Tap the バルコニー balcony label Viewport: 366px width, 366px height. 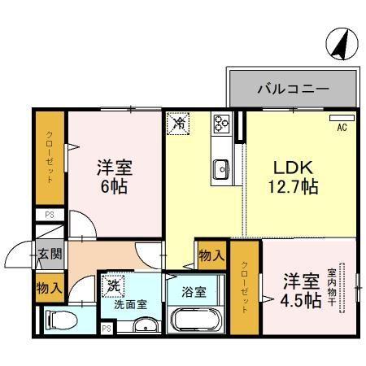[293, 88]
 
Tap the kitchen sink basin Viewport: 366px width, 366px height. [221, 169]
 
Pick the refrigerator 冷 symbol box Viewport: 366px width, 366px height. [178, 124]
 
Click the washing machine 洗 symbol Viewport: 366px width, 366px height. [113, 286]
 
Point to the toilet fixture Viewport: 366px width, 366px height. [60, 320]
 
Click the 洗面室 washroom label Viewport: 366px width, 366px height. [130, 305]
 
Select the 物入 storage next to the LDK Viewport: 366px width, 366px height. [211, 255]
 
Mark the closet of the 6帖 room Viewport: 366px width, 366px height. [50, 159]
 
